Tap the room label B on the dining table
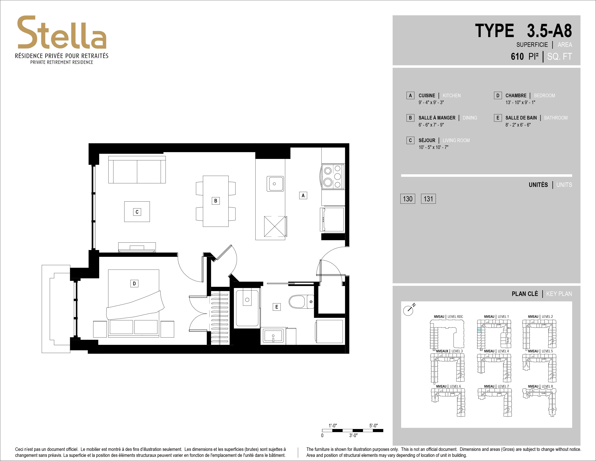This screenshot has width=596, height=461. coord(216,201)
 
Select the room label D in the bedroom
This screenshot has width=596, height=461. coord(134,283)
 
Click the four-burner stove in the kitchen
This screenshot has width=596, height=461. coord(333,177)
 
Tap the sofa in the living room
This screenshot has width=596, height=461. coord(137,170)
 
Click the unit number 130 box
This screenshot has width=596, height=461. coord(408,199)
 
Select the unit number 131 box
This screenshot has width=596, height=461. coord(428,199)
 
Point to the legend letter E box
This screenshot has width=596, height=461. coord(498,118)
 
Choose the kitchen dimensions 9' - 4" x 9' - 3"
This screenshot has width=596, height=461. coord(431,102)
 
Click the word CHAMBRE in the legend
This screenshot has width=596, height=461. coord(516,96)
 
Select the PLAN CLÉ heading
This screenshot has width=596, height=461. coord(525,294)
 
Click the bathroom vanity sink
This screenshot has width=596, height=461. coord(273,336)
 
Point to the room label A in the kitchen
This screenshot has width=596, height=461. coord(303,196)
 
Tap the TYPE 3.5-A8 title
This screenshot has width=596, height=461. coord(523,31)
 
